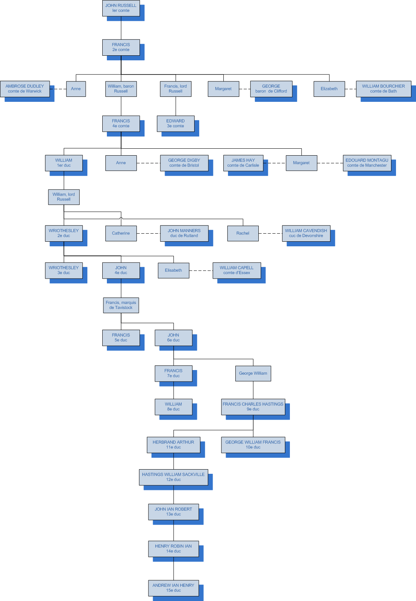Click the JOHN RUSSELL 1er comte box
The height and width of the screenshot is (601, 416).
(121, 8)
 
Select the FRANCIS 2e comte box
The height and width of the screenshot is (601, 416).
(121, 47)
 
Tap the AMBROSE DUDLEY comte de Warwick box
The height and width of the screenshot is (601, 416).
(25, 89)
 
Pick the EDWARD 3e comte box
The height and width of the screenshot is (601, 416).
(175, 123)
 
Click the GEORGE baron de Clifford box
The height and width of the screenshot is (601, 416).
(271, 89)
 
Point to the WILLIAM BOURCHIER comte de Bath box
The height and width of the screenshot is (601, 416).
(383, 89)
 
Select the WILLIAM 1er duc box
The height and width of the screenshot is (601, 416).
(63, 163)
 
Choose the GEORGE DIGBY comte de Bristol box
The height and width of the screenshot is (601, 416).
(184, 163)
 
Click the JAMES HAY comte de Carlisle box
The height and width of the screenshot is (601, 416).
(243, 163)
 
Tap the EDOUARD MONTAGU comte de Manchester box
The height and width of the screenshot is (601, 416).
(367, 163)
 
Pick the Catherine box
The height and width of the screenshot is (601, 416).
(121, 233)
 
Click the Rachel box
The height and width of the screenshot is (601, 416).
(243, 233)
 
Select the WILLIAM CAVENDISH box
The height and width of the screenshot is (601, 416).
(306, 233)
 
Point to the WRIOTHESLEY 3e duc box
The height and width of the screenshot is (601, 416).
(63, 270)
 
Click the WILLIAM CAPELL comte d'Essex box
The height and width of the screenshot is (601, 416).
(236, 270)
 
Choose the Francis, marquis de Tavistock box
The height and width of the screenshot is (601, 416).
(121, 305)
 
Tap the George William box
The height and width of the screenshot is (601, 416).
(253, 373)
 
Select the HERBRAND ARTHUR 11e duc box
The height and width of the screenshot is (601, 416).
(173, 445)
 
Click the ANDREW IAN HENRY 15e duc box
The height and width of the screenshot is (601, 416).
(173, 588)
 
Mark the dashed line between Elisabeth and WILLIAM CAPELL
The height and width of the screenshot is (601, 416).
(201, 271)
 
